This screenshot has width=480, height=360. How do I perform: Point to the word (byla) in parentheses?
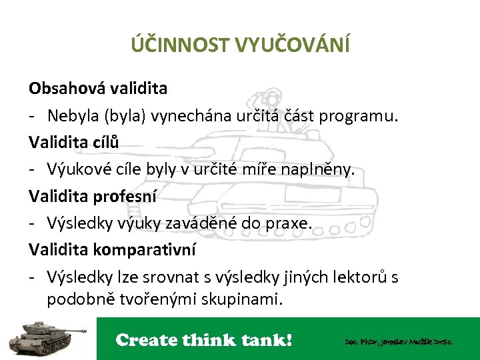[x=123, y=115]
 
